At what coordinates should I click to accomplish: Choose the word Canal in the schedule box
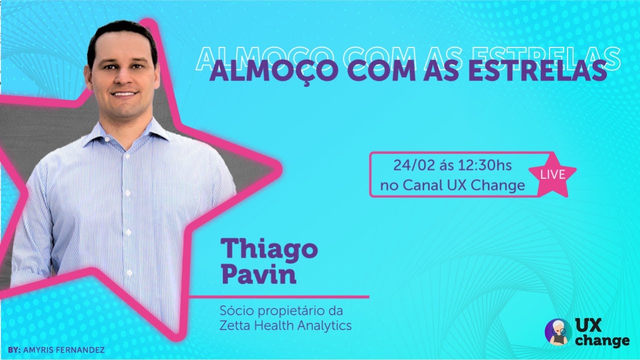coord(420,186)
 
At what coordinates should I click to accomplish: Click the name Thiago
coord(269,249)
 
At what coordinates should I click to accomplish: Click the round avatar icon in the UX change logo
coord(558,331)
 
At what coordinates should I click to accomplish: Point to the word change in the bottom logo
coord(602,341)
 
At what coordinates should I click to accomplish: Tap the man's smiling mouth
coord(124,93)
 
